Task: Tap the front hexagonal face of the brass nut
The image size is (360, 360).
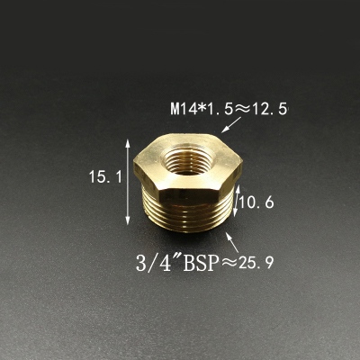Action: pyautogui.click(x=166, y=190)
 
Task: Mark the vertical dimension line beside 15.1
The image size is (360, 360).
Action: pyautogui.click(x=128, y=180)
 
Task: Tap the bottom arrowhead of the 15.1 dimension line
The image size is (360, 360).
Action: pyautogui.click(x=128, y=217)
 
